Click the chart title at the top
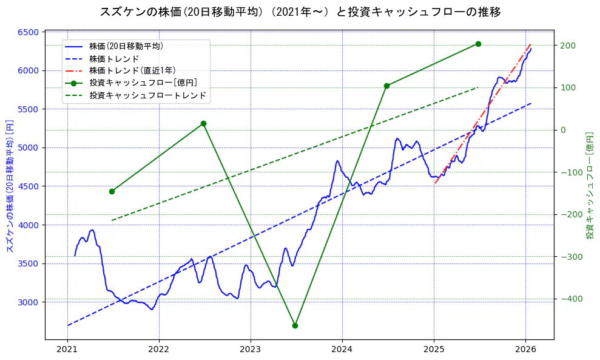300,12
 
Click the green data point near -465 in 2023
295,325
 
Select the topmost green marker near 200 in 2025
478,44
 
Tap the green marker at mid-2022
203,123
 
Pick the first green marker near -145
112,191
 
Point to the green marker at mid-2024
386,86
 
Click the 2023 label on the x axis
251,349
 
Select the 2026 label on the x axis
525,349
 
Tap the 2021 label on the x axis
67,349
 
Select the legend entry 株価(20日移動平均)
126,46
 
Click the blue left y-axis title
9,186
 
